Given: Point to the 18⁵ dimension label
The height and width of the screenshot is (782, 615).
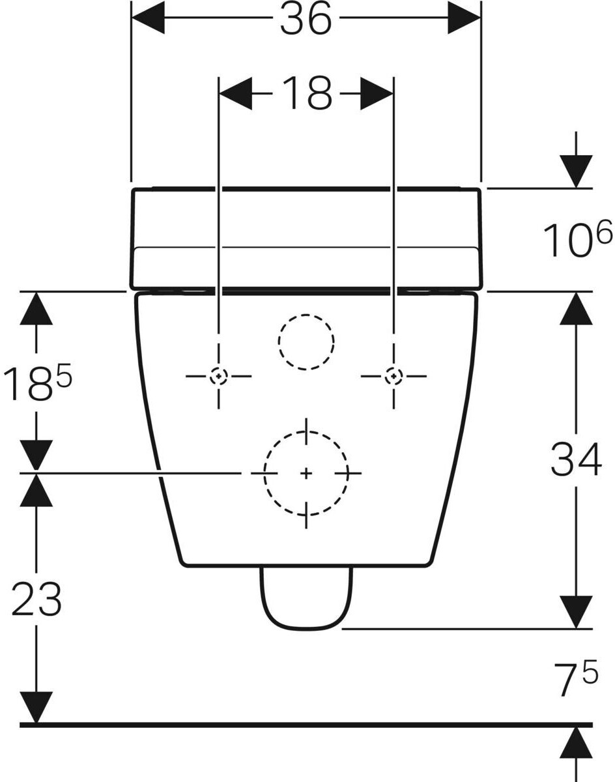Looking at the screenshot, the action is (x=36, y=383).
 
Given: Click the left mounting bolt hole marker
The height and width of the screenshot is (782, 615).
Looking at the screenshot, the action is (x=219, y=376).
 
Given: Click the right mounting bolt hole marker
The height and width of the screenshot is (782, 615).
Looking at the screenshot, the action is (x=393, y=376).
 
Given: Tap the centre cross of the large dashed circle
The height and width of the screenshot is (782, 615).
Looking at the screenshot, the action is (x=306, y=473).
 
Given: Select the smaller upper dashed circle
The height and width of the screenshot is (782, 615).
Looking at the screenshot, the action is (x=306, y=341).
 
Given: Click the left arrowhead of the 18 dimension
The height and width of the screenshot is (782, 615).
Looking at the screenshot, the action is (x=235, y=93).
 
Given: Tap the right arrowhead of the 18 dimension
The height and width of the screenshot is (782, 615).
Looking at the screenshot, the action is (x=377, y=93).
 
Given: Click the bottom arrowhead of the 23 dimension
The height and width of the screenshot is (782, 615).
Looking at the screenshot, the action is (x=36, y=707).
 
